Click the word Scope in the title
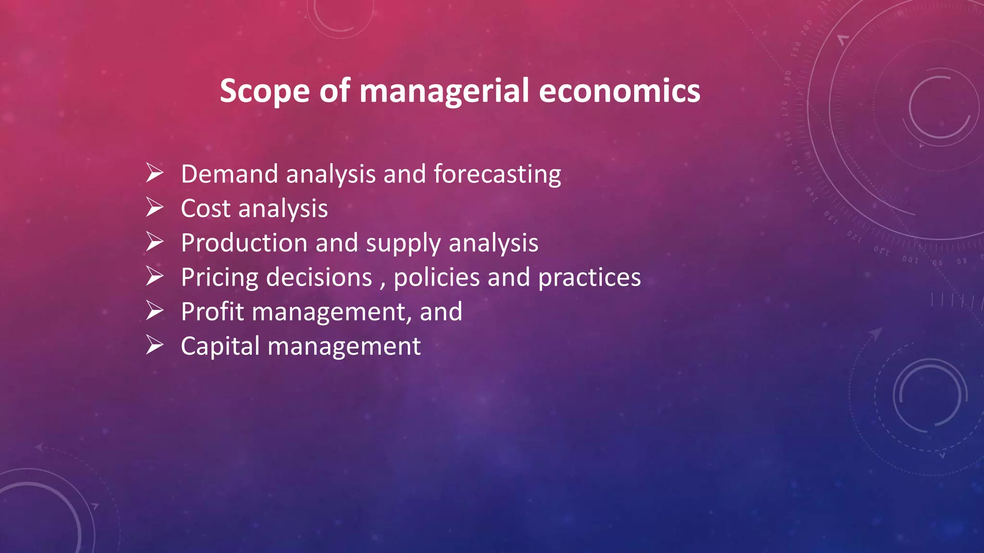click(265, 91)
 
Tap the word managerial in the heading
click(444, 91)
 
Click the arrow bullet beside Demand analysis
click(155, 173)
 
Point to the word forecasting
click(497, 174)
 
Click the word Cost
click(206, 209)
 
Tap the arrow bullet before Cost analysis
click(155, 207)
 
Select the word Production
click(244, 243)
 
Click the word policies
click(437, 277)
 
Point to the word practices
click(590, 277)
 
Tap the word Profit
click(213, 312)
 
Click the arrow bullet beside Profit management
click(155, 311)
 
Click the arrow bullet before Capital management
click(155, 345)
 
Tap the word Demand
click(230, 174)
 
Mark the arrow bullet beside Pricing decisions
click(155, 276)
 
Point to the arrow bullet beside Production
click(155, 242)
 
